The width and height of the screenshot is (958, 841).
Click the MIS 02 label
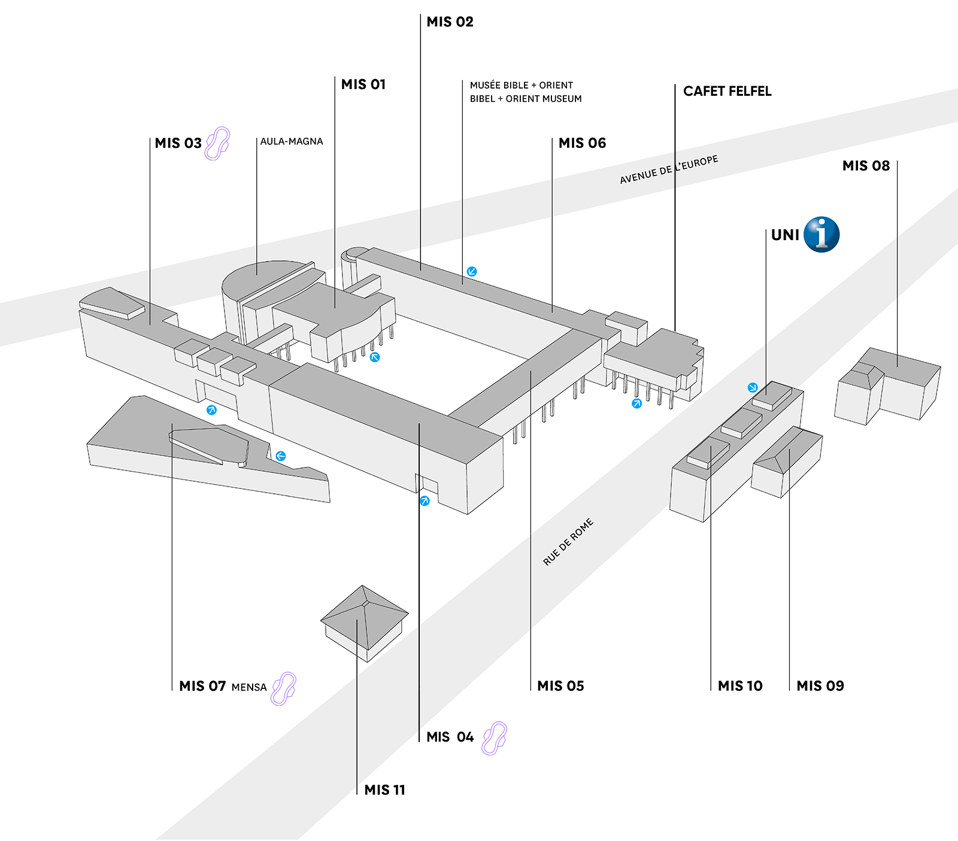[x=450, y=22]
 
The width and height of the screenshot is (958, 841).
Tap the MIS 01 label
[x=363, y=84]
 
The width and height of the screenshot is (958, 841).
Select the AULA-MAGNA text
[x=292, y=142]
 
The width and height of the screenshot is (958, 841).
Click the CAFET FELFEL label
[x=727, y=92]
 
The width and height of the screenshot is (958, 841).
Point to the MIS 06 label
[x=582, y=143]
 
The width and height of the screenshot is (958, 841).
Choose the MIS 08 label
[x=866, y=166]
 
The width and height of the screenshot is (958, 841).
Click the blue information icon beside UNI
[x=821, y=235]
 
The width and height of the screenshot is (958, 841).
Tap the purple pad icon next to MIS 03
[x=217, y=143]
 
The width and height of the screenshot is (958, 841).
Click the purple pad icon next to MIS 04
[x=495, y=737]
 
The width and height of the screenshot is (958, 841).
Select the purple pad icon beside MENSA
[x=284, y=688]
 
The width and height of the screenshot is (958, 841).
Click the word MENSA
[x=249, y=687]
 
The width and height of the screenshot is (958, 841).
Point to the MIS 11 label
[x=384, y=790]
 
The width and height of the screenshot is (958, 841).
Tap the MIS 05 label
[x=560, y=686]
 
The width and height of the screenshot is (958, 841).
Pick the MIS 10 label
[x=740, y=686]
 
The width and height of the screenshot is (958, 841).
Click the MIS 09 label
[x=820, y=686]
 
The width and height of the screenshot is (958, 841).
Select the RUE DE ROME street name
[x=568, y=542]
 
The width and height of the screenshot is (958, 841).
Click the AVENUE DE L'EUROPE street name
[x=669, y=170]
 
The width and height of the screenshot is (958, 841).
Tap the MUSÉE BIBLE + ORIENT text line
[x=521, y=86]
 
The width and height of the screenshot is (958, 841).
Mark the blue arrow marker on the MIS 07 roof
[x=280, y=456]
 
